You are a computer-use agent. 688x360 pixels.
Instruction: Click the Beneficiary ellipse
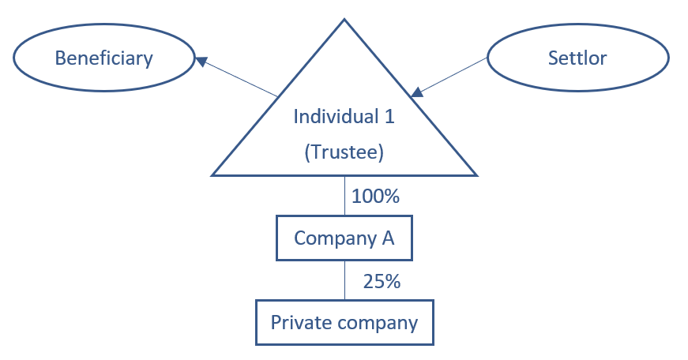pos(103,58)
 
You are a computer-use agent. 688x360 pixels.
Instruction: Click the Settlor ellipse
pos(577,58)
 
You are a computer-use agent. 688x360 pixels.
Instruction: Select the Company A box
pos(344,238)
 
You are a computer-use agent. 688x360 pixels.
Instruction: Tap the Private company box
pos(344,322)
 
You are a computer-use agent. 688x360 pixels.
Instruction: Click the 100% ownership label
pos(375,196)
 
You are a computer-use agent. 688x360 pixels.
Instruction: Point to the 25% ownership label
pos(382,281)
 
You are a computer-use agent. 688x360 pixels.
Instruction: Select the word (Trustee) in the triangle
pos(344,152)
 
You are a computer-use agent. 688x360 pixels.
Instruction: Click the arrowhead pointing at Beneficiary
pos(201,61)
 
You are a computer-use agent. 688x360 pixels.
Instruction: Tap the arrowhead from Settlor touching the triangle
pos(416,92)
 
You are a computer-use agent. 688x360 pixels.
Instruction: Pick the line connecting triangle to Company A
pos(344,196)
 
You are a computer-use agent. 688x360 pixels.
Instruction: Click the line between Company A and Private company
pos(344,280)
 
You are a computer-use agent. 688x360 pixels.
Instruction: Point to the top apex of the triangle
pos(344,21)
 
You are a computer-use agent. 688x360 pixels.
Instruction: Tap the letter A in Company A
pos(387,238)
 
